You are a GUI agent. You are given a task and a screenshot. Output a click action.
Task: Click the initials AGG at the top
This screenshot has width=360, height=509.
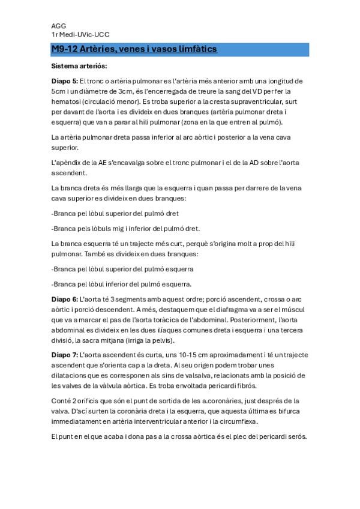click(59, 26)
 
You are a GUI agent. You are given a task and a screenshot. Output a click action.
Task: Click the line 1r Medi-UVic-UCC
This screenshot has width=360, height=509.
click(80, 35)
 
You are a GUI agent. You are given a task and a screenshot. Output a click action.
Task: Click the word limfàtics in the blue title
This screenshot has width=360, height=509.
click(194, 49)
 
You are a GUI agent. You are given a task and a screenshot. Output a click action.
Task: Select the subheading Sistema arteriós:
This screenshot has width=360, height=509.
click(79, 65)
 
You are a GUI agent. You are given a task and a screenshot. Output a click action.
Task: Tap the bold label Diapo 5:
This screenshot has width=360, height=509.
click(65, 80)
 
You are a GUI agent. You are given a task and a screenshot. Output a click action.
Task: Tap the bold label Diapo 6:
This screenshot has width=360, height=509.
click(65, 298)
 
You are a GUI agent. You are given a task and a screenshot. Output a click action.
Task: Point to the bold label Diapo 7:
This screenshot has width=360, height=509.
click(65, 355)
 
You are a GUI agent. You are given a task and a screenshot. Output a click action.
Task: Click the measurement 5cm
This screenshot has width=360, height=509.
click(59, 91)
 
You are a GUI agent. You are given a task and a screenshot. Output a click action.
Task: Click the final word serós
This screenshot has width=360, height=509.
click(297, 437)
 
